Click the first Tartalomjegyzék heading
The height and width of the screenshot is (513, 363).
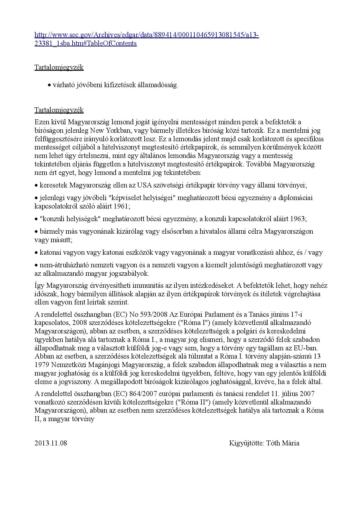point(59,67)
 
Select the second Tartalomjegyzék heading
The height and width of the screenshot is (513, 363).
point(59,110)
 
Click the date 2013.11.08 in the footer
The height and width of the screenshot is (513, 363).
point(51,443)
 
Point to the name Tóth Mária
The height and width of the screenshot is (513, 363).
point(282,443)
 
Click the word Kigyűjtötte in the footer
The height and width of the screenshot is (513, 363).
point(246,443)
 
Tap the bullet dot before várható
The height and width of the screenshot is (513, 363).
point(49,85)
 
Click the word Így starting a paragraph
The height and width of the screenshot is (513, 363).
point(40,285)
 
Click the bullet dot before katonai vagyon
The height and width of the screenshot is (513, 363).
point(36,252)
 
